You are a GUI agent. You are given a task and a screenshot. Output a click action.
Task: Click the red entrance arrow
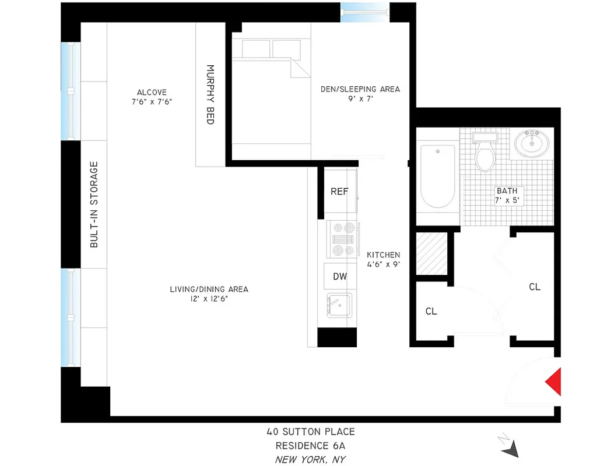pyautogui.click(x=554, y=382)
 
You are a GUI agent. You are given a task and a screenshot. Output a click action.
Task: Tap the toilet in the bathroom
pyautogui.click(x=484, y=153)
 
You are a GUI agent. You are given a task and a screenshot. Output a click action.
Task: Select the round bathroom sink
pyautogui.click(x=531, y=143)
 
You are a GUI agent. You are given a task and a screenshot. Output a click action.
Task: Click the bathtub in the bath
pyautogui.click(x=437, y=176)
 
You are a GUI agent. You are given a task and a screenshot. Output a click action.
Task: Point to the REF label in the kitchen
pyautogui.click(x=339, y=192)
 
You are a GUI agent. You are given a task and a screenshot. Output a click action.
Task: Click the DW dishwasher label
pyautogui.click(x=340, y=276)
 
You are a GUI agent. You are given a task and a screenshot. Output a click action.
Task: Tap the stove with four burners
pyautogui.click(x=341, y=239)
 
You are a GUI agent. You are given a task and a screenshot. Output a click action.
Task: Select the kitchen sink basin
pyautogui.click(x=338, y=305)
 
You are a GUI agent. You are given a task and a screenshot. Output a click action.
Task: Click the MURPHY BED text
pyautogui.click(x=210, y=94)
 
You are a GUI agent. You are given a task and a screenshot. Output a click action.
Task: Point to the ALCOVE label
pyautogui.click(x=152, y=92)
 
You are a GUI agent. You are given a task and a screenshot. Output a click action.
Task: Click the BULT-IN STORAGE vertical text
pyautogui.click(x=94, y=204)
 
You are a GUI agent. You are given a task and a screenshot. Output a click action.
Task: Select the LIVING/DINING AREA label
pyautogui.click(x=209, y=289)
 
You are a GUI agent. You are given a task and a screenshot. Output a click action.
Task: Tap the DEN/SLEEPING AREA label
pyautogui.click(x=360, y=89)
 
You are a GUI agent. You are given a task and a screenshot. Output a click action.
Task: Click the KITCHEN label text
pyautogui.click(x=383, y=255)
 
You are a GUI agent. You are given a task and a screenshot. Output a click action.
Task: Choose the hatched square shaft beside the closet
pyautogui.click(x=431, y=254)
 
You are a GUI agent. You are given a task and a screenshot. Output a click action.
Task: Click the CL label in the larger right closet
pyautogui.click(x=534, y=287)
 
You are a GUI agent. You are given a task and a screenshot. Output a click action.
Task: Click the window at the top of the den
pyautogui.click(x=364, y=12)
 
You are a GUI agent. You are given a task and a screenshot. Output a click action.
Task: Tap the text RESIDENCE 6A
pyautogui.click(x=310, y=446)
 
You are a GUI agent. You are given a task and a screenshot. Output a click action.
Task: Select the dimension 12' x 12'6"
pyautogui.click(x=209, y=299)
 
